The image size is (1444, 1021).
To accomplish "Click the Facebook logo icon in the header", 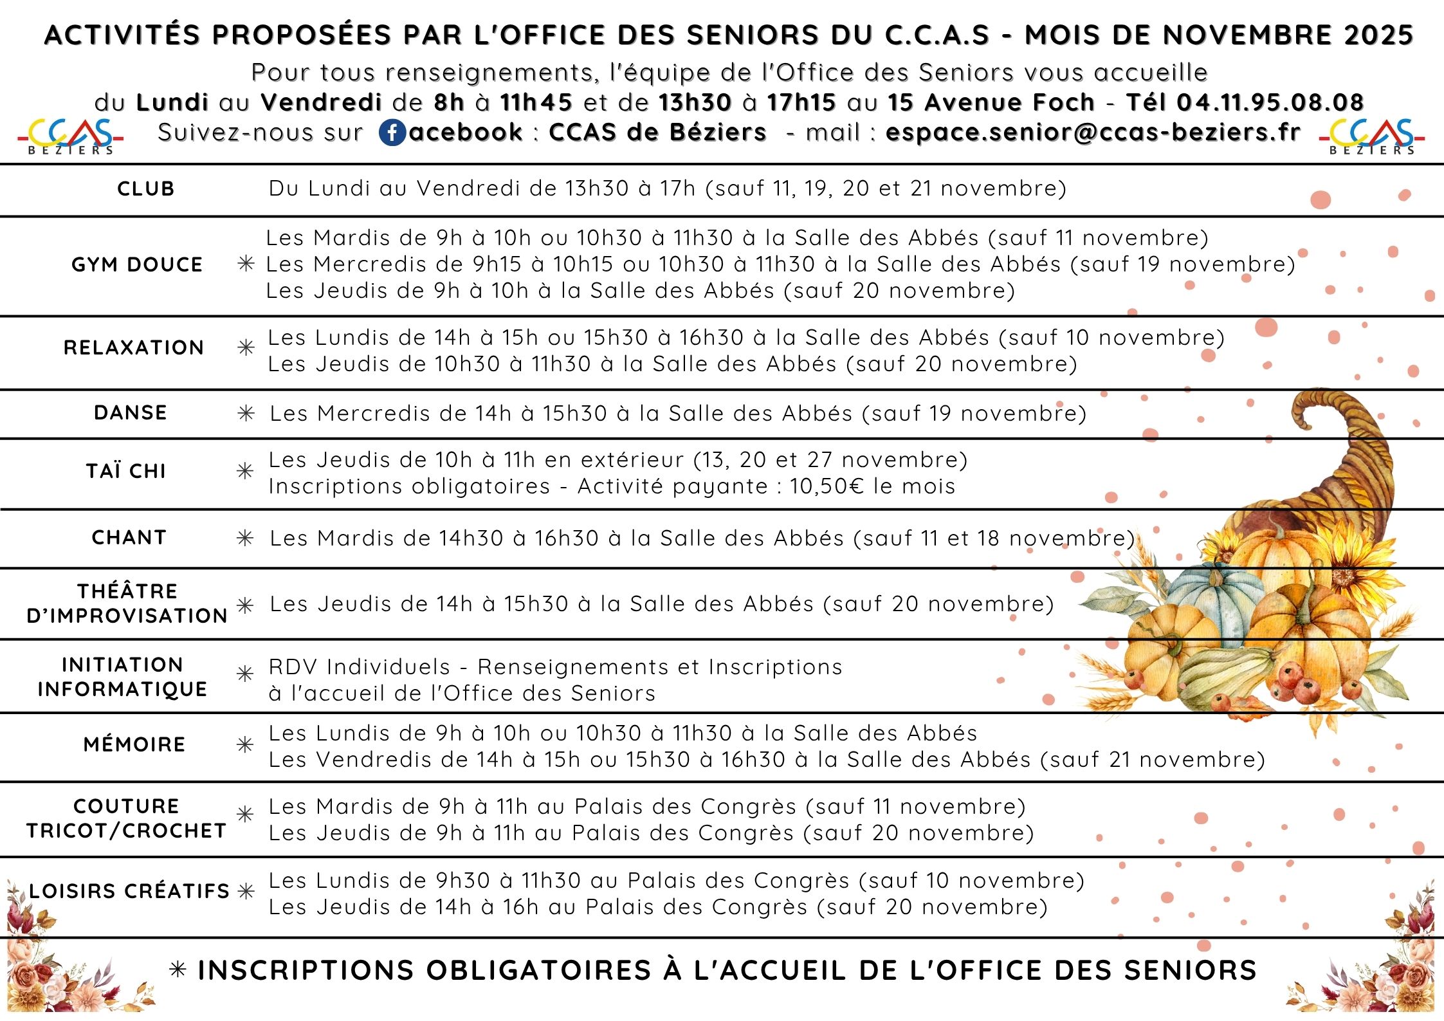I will coord(392,133).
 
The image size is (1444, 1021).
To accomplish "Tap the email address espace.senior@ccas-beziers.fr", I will coord(1093,132).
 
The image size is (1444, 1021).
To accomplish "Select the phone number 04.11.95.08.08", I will coord(1270,102).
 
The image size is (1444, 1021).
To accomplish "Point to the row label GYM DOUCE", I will coord(137,264).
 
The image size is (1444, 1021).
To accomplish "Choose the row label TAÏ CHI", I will coord(127,471).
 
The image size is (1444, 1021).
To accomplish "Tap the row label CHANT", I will coord(129,537).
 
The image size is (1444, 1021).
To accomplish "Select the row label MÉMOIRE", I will coord(134,744).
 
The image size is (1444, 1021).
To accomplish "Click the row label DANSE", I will coord(131,412).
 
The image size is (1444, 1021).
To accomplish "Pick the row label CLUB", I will coord(146,189).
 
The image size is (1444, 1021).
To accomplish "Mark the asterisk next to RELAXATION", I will coord(246,348).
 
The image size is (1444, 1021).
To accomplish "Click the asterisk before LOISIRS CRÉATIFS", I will coord(246,891).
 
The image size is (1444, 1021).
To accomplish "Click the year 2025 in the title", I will coord(1379,35).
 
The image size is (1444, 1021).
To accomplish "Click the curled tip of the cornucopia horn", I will coord(1306,412).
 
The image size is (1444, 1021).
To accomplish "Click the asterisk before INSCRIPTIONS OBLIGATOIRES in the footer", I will coord(178,970).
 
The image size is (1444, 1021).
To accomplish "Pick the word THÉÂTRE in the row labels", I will coord(127,591).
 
